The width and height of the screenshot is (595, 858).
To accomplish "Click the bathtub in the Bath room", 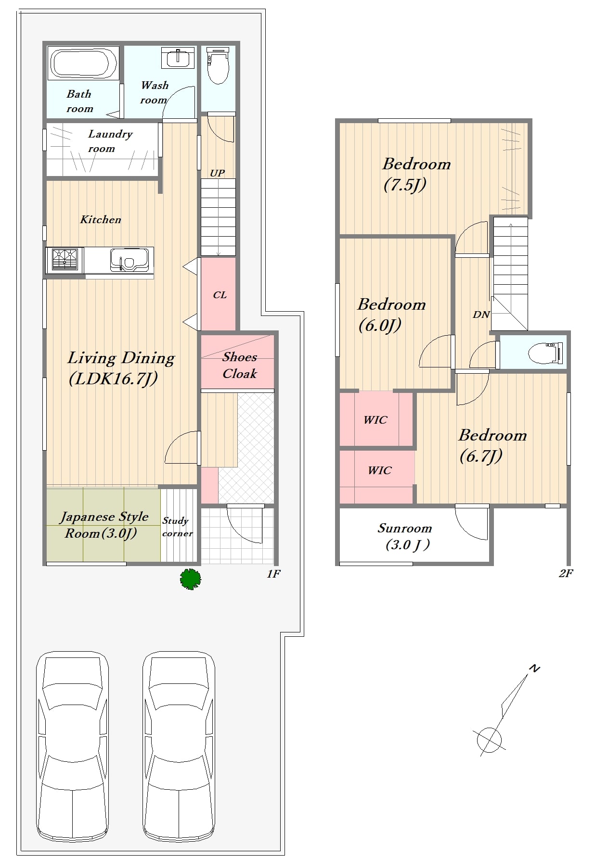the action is (x=83, y=63).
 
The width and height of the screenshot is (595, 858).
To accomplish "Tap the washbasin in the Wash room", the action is (x=178, y=58).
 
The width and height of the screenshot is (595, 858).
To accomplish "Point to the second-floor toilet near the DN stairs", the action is (x=545, y=354).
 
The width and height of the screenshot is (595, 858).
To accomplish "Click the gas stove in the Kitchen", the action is (x=65, y=260).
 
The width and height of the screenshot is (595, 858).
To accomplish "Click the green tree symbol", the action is (x=190, y=579).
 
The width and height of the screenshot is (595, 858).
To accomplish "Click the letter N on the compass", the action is (x=534, y=669).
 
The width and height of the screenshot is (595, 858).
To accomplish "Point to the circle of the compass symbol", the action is (x=489, y=739).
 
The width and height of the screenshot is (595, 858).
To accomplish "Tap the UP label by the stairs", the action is (x=217, y=173).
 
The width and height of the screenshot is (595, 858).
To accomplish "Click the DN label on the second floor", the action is (x=481, y=315).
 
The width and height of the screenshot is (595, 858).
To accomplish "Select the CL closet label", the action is (x=220, y=295).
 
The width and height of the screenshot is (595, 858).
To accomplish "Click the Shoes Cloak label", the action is (x=239, y=365).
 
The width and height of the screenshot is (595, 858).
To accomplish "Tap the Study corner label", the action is (x=177, y=527).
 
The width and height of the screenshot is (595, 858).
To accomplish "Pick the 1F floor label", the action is (x=273, y=573).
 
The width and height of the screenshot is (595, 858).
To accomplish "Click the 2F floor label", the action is (x=566, y=573).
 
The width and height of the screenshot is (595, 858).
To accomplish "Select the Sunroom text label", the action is (x=404, y=528).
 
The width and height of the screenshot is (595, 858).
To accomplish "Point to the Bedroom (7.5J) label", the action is (x=416, y=174).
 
